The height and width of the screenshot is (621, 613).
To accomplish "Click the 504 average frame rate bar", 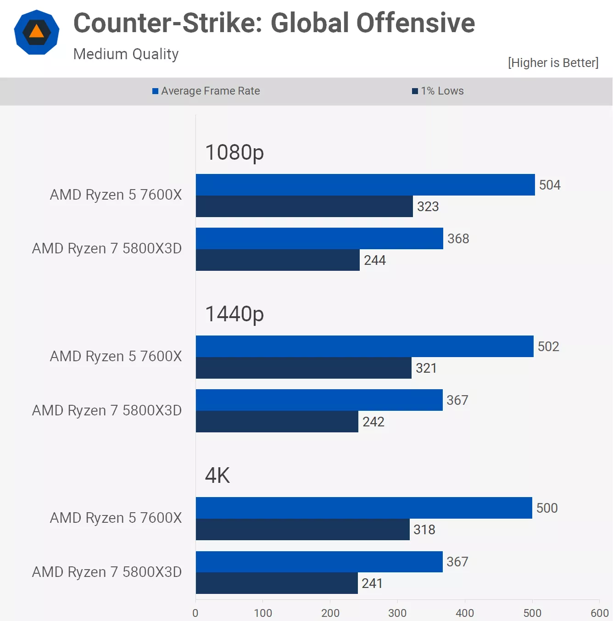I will [x=365, y=185].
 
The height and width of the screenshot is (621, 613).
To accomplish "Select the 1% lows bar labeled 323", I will [x=304, y=207].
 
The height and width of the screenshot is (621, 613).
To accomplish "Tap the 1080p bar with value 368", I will [x=319, y=239].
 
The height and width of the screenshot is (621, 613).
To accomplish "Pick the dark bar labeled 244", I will [x=278, y=260].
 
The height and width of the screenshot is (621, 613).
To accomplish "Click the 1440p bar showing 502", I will [x=364, y=347].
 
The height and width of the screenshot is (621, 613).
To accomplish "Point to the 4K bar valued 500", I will [x=364, y=508].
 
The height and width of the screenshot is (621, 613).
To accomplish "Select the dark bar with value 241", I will [x=277, y=583].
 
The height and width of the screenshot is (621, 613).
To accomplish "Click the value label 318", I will [x=424, y=530].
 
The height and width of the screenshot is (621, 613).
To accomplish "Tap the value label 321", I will [x=426, y=368].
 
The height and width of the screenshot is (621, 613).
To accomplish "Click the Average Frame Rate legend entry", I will [x=206, y=91].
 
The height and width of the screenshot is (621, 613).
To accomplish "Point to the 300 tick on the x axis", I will [x=397, y=613].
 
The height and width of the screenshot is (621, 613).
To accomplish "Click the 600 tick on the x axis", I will [x=599, y=613].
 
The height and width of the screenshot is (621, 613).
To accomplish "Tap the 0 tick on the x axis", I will [x=195, y=613].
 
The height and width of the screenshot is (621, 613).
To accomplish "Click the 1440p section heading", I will [x=234, y=314].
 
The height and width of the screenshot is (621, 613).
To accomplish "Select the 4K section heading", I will [x=217, y=476].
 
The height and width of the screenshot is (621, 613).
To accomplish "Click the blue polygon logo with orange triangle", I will [x=37, y=32].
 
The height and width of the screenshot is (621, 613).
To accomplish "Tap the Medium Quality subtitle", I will [x=126, y=54].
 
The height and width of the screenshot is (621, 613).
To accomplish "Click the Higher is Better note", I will [x=553, y=62].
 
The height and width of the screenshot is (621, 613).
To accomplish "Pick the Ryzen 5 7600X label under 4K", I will [x=116, y=518].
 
